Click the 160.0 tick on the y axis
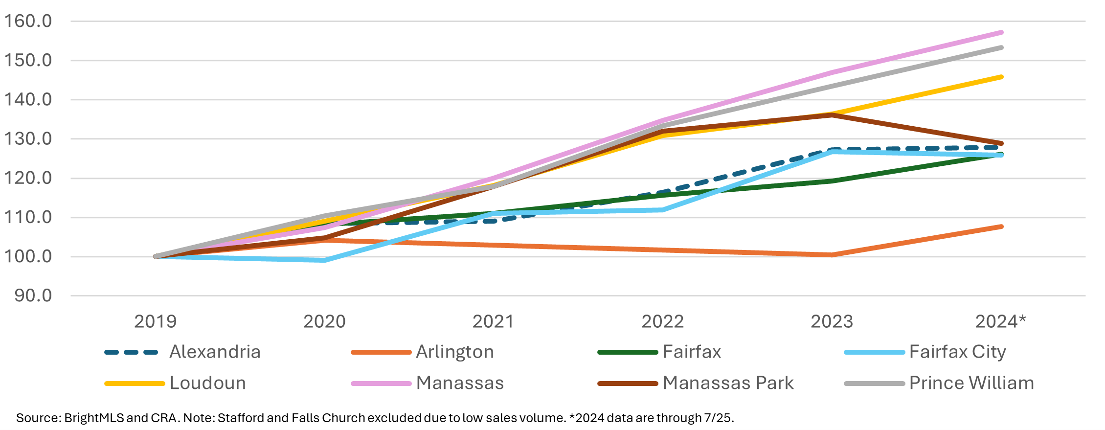point(28,21)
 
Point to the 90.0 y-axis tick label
point(33,295)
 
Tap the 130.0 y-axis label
point(28,139)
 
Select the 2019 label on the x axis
point(155,321)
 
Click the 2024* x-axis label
point(1001,321)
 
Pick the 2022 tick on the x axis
point(662,321)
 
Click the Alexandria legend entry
point(215,352)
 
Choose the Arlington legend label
point(454,352)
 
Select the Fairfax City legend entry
point(957,352)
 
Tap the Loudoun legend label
point(207,383)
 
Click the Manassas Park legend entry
point(728,383)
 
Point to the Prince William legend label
point(971,383)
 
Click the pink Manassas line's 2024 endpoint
point(1001,33)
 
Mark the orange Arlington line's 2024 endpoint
point(1001,226)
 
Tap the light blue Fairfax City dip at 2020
point(325,260)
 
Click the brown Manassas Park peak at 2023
point(832,115)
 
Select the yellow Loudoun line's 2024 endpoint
point(1001,77)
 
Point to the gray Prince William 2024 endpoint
point(1001,47)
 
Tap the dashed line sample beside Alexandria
point(132,352)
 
